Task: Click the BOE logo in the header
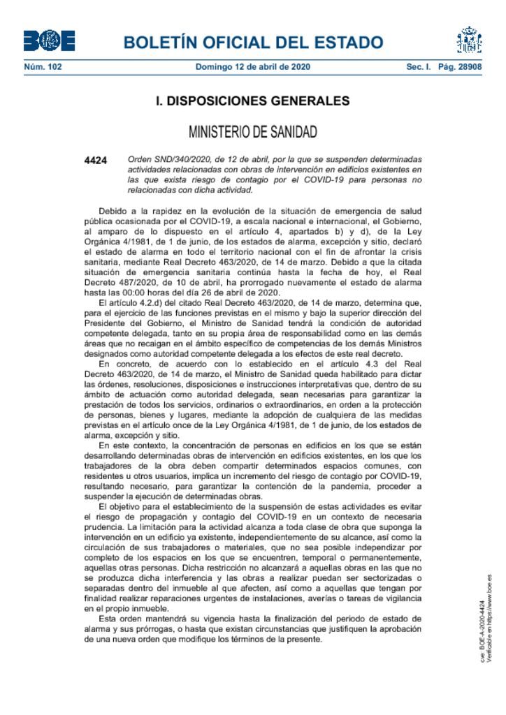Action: [x=49, y=40]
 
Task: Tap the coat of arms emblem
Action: [x=469, y=40]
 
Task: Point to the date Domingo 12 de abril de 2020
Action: [x=252, y=67]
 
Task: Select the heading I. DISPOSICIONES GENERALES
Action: [x=252, y=101]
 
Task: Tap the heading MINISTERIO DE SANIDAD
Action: [x=252, y=132]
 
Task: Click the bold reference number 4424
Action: [x=95, y=161]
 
